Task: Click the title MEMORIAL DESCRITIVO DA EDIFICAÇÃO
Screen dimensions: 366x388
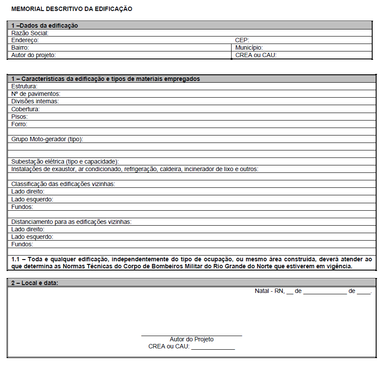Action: coord(72,9)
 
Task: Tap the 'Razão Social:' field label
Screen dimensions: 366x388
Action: coord(29,33)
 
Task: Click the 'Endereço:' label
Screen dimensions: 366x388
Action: coord(25,40)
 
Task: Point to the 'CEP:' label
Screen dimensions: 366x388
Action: coord(242,40)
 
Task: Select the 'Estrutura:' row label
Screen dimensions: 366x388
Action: coord(24,86)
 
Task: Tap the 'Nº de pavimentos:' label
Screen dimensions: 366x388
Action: coord(36,94)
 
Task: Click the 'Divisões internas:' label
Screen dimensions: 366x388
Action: coord(35,101)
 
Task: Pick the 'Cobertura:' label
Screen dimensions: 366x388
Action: coord(25,109)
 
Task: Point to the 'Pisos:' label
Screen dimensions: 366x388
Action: coord(20,117)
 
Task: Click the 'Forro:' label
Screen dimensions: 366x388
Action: coord(19,124)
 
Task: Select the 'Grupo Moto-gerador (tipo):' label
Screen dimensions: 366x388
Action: coord(47,139)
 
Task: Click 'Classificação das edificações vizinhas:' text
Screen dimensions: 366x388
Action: coord(63,184)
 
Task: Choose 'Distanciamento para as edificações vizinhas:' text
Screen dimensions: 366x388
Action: coord(71,222)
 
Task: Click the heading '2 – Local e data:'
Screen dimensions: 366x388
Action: coord(35,283)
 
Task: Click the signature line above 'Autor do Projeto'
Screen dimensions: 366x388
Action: coord(192,336)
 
